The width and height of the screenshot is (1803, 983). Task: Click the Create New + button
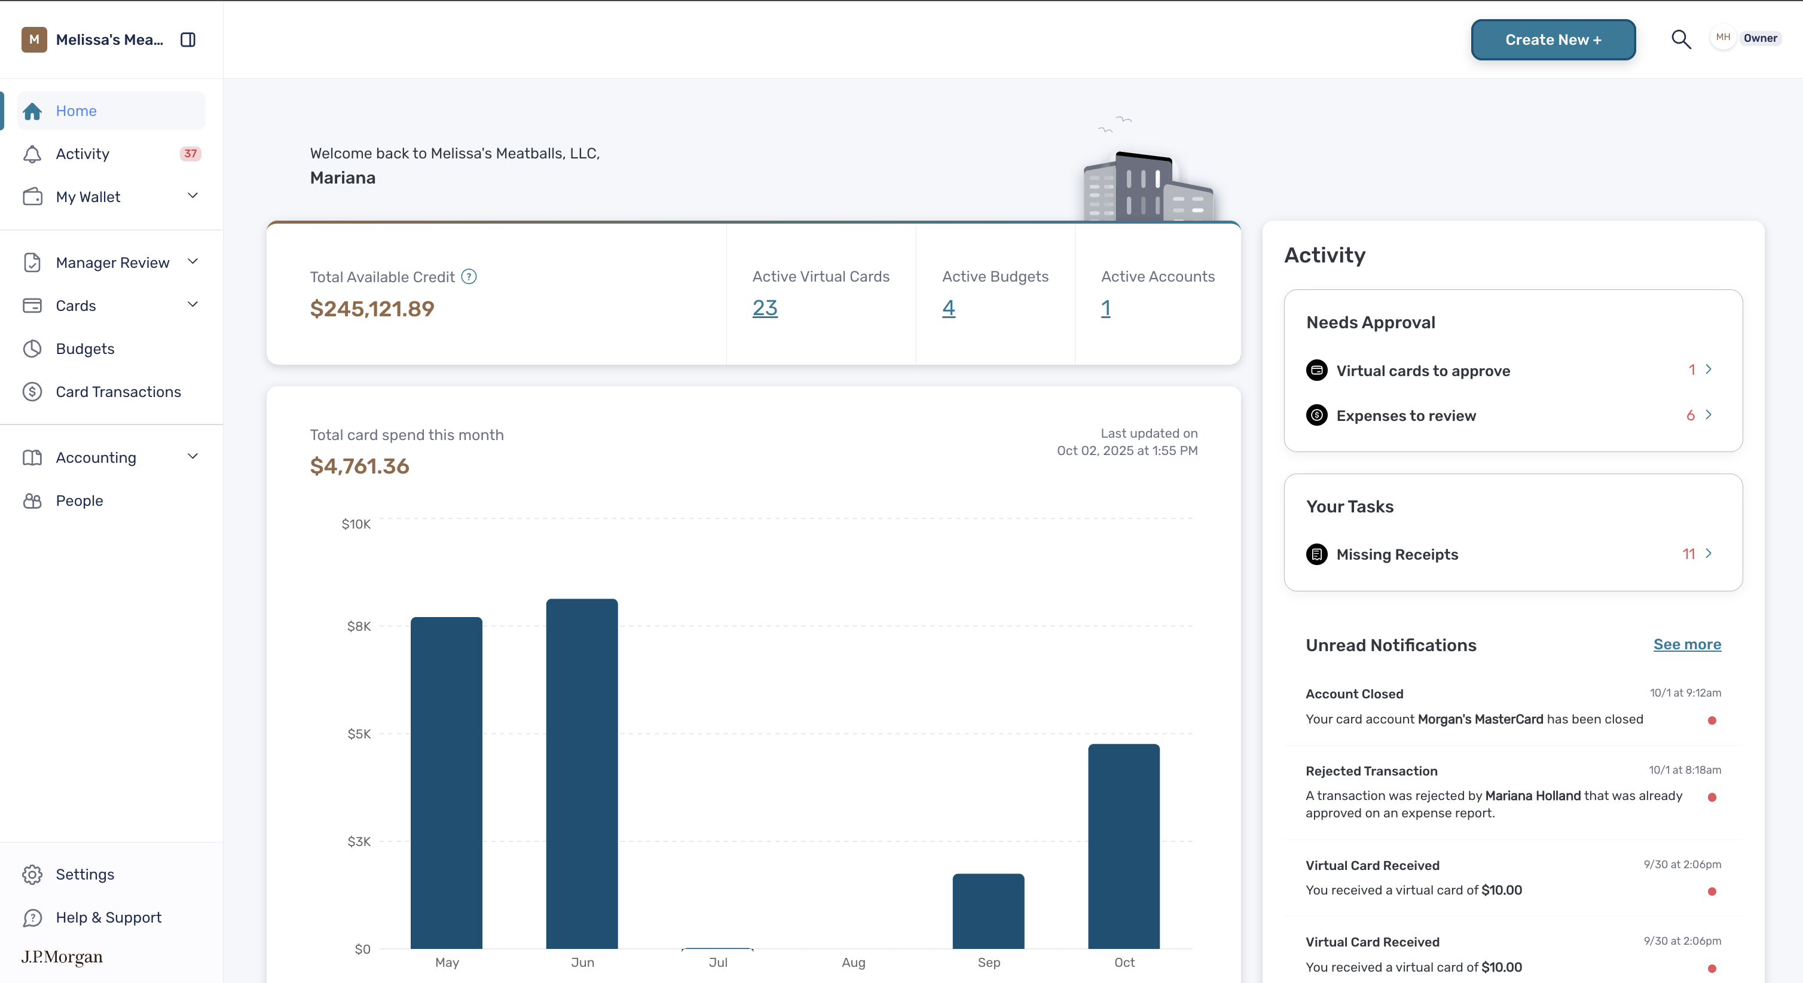(x=1553, y=40)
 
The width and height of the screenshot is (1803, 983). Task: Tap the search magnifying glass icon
(x=1680, y=39)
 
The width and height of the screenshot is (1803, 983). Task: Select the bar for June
(x=582, y=774)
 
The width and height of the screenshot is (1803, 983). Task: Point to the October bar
(x=1123, y=847)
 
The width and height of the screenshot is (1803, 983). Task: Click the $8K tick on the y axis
(x=359, y=626)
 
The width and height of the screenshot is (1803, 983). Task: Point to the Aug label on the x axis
(x=853, y=963)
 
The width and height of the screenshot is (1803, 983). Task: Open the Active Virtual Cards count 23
(x=765, y=308)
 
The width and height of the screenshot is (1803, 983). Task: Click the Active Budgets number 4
(x=948, y=308)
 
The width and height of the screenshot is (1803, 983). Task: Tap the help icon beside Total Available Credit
(x=469, y=277)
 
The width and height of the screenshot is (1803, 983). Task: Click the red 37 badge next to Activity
(x=190, y=153)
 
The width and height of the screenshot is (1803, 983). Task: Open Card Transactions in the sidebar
(x=118, y=392)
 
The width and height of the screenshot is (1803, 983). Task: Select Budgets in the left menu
(x=85, y=349)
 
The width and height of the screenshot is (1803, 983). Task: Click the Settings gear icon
(x=32, y=875)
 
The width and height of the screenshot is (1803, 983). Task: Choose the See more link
(x=1687, y=644)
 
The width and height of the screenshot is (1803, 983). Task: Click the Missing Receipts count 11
(x=1688, y=554)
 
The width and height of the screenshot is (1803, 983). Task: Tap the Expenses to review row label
(x=1405, y=416)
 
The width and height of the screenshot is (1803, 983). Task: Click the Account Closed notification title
(x=1355, y=694)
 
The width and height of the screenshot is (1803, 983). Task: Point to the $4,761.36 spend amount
(x=359, y=466)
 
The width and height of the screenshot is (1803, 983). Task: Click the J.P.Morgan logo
(x=62, y=957)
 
